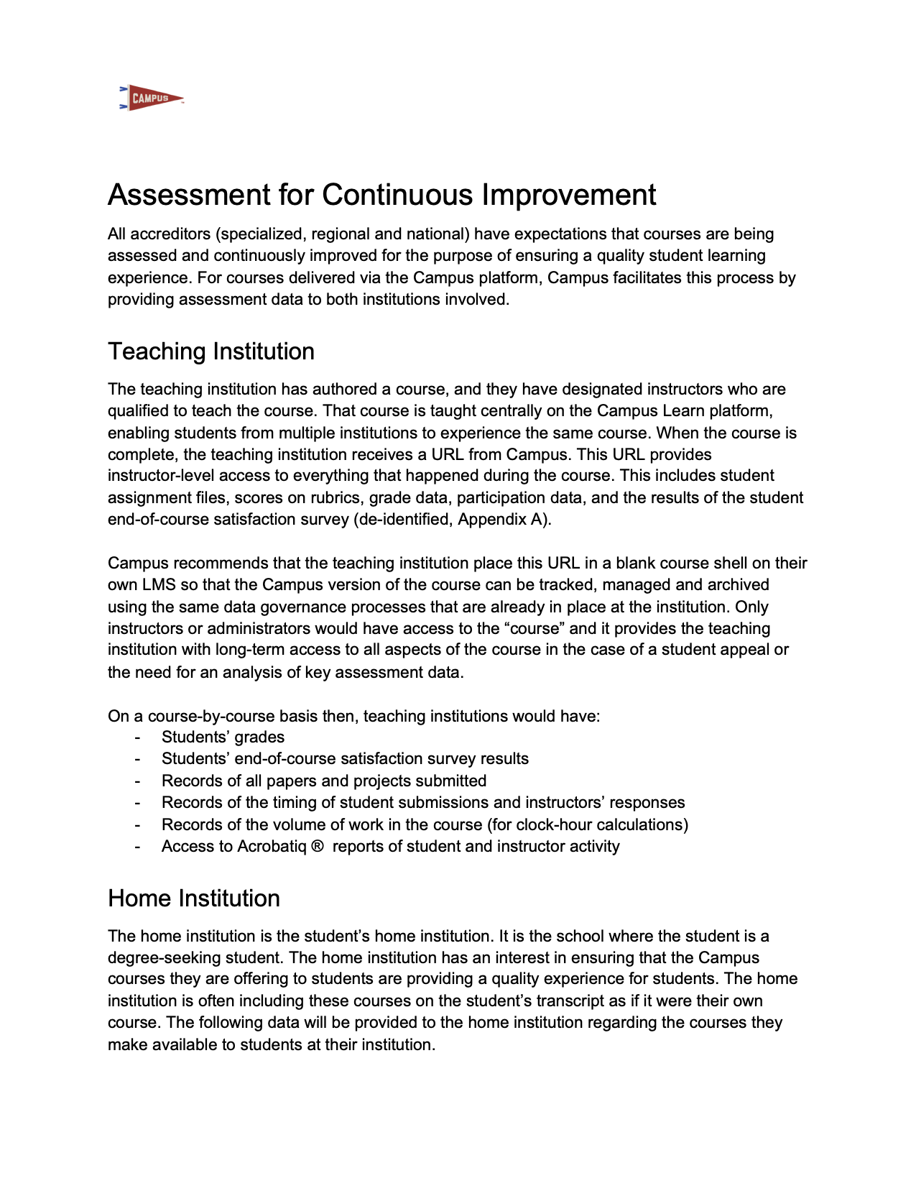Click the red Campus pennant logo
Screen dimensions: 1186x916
151,98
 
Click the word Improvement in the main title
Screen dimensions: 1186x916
568,196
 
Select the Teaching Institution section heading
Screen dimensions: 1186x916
211,351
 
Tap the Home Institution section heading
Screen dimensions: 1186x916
194,898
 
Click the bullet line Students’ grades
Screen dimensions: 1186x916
223,737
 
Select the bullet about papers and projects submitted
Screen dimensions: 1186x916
324,781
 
